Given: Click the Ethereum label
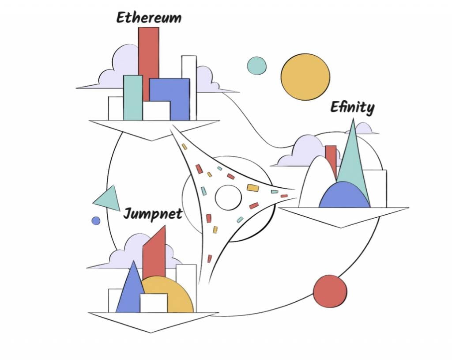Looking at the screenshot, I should [149, 18].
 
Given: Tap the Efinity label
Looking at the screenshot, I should [352, 108].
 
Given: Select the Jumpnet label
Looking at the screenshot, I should [153, 214].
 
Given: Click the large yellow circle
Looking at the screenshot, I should [305, 77].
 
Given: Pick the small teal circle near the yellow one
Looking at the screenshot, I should [256, 65].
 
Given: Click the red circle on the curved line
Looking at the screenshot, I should [330, 291].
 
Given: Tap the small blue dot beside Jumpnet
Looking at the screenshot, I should [96, 220].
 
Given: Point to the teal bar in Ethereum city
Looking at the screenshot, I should [133, 98].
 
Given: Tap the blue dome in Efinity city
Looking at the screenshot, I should [344, 197].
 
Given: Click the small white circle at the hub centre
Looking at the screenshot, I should [228, 198].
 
